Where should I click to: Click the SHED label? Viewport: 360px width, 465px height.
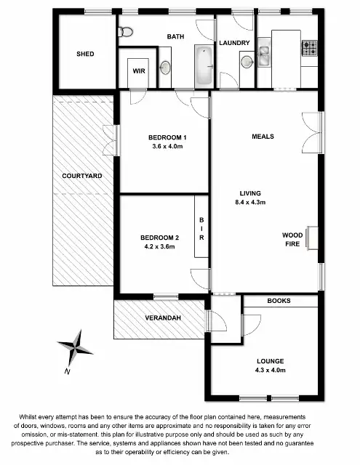pyautogui.click(x=85, y=54)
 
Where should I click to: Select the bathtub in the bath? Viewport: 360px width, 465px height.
pyautogui.click(x=204, y=65)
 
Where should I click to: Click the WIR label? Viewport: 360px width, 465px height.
pyautogui.click(x=138, y=70)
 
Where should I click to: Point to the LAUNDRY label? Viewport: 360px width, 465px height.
pyautogui.click(x=234, y=43)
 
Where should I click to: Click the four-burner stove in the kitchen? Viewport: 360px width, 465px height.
pyautogui.click(x=310, y=48)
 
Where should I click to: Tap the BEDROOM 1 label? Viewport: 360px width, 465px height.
pyautogui.click(x=167, y=138)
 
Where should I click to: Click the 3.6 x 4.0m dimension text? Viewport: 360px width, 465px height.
pyautogui.click(x=167, y=147)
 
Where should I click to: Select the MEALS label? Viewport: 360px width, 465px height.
pyautogui.click(x=263, y=136)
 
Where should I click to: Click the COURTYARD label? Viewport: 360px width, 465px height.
pyautogui.click(x=81, y=176)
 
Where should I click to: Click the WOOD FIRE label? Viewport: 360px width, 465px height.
pyautogui.click(x=292, y=240)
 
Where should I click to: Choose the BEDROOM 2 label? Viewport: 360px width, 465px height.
pyautogui.click(x=160, y=238)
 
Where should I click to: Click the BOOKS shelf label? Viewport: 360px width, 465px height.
pyautogui.click(x=279, y=300)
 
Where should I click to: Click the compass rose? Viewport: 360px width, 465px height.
pyautogui.click(x=74, y=348)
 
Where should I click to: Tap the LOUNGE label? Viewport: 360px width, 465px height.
pyautogui.click(x=270, y=361)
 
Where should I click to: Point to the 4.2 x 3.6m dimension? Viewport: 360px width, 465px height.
pyautogui.click(x=160, y=246)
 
